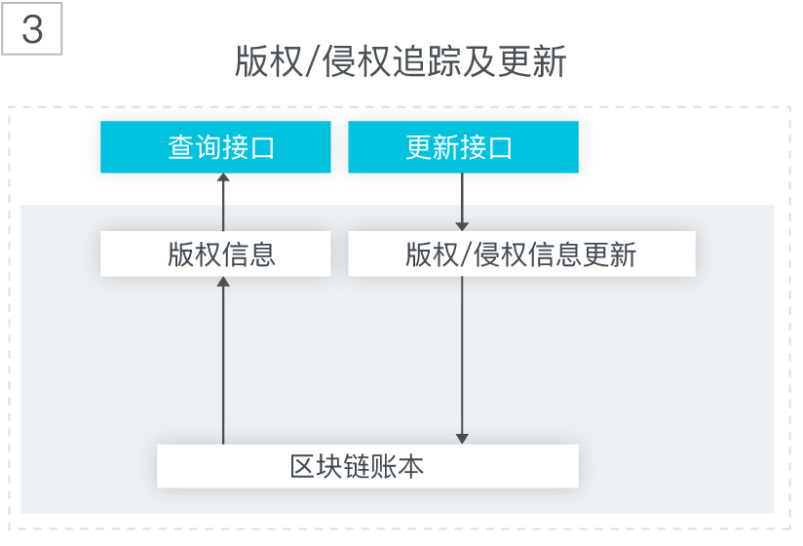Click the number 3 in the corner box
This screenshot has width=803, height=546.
[32, 29]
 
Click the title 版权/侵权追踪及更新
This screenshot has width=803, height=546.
[401, 62]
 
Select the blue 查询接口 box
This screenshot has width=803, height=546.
[215, 147]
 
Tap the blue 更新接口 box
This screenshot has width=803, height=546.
[464, 147]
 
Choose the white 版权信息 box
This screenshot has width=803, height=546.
[215, 253]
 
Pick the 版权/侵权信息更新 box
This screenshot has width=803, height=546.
[521, 253]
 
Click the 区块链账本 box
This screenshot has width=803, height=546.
[367, 466]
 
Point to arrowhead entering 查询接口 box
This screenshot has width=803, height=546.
[223, 177]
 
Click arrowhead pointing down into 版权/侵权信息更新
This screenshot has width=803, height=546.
[462, 226]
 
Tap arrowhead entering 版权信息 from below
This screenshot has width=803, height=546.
[223, 281]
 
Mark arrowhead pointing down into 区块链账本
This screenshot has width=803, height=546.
[462, 440]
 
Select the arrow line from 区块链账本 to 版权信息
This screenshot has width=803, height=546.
[223, 360]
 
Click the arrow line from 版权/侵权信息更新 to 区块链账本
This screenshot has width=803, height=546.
[462, 360]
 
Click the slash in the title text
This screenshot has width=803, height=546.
[313, 62]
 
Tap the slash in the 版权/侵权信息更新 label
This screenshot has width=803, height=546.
[466, 254]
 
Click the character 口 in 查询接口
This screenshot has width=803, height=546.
[262, 148]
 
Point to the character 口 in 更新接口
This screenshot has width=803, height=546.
[500, 148]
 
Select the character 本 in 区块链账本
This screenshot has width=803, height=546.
[410, 466]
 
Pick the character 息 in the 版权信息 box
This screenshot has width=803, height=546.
[262, 254]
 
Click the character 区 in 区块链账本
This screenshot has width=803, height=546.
[302, 467]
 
